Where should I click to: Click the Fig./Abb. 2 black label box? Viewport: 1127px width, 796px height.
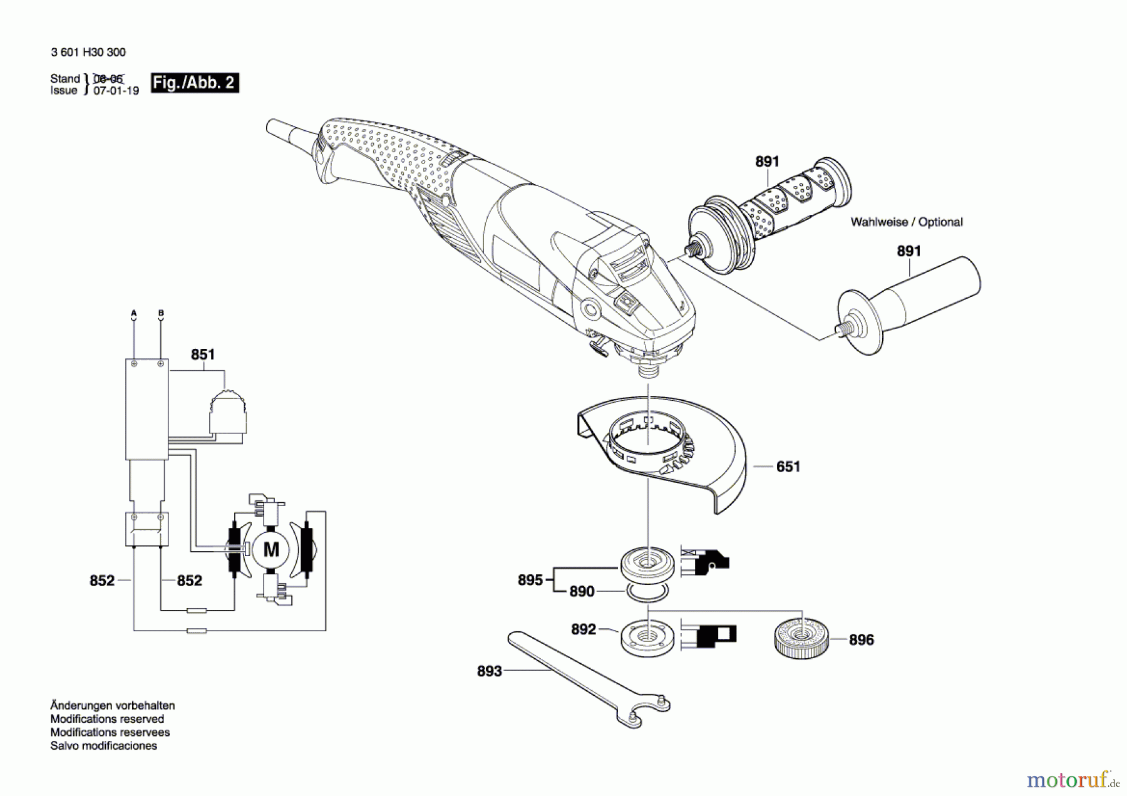click(x=195, y=83)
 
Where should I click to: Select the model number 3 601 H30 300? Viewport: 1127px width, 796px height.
click(x=88, y=53)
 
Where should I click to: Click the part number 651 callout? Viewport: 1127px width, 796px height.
click(x=788, y=467)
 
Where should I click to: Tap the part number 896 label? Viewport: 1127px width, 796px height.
click(x=862, y=639)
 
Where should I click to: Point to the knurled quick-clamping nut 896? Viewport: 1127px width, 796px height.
click(x=802, y=638)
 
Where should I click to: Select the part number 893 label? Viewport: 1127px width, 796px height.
click(x=490, y=671)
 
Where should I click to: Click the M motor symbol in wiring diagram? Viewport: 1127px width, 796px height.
click(x=271, y=550)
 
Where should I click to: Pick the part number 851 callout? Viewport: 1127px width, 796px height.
click(x=203, y=354)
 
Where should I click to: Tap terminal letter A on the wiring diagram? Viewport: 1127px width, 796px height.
click(x=133, y=313)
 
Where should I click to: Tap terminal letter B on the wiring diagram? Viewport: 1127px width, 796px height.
click(x=161, y=313)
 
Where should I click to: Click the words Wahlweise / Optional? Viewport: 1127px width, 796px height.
click(x=907, y=222)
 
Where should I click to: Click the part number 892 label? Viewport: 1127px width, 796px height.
click(x=584, y=629)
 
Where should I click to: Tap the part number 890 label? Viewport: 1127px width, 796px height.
click(x=582, y=591)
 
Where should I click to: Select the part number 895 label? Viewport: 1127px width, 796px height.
click(x=530, y=580)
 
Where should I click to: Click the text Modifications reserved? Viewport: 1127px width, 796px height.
click(x=107, y=719)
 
